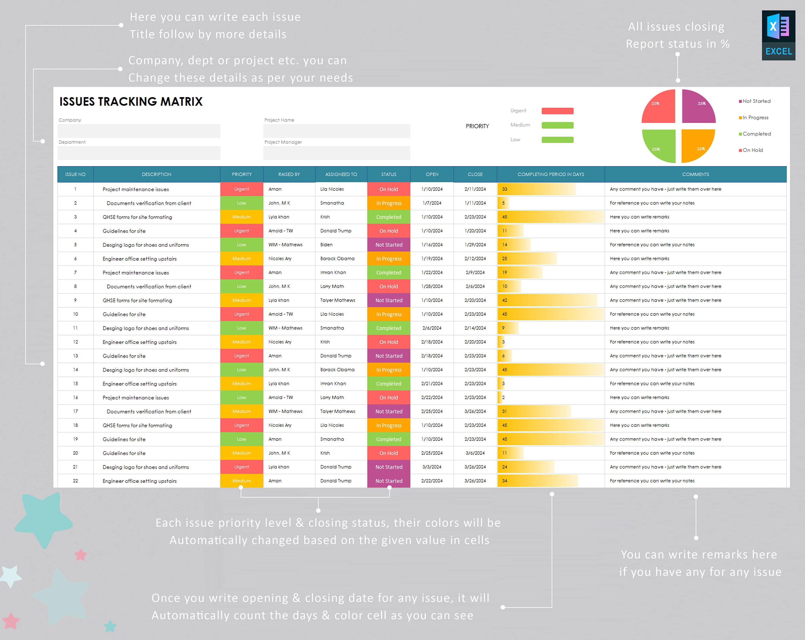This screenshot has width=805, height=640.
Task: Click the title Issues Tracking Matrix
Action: tap(131, 102)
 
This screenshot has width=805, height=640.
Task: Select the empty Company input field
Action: tap(139, 131)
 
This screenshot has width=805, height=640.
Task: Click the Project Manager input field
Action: tap(336, 153)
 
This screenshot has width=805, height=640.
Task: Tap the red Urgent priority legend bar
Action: tap(557, 111)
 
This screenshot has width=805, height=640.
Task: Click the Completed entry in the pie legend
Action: tap(756, 134)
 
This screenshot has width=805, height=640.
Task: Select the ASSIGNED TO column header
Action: tap(341, 174)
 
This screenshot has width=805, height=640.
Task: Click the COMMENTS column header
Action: tap(695, 174)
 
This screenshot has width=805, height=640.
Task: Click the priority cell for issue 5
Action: tap(241, 245)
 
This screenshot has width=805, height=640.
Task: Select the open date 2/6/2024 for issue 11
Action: tap(432, 328)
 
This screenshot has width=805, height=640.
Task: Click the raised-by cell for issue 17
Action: tap(289, 411)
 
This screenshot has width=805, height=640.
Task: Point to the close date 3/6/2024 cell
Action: tap(475, 453)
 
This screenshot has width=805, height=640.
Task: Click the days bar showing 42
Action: tap(547, 300)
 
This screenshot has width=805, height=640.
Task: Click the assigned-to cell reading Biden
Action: tap(341, 245)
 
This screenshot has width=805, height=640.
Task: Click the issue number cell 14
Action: tap(75, 370)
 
